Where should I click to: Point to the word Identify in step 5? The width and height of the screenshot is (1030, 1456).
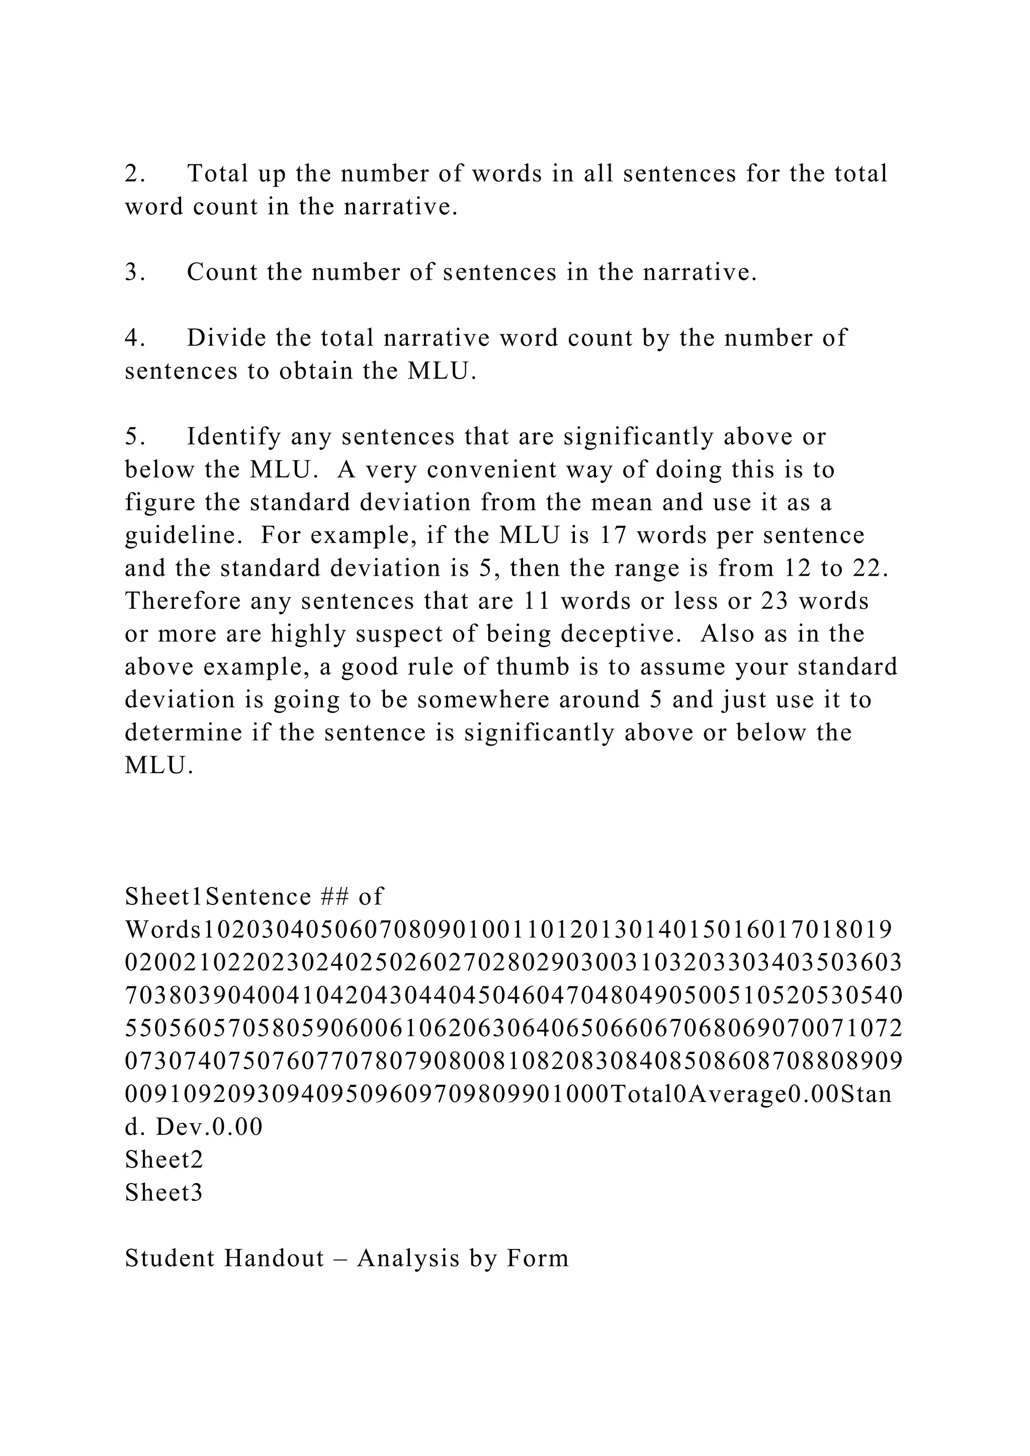pos(234,437)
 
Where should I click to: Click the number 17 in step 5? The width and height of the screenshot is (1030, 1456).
pos(613,535)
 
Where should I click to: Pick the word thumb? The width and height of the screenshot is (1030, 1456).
pos(528,667)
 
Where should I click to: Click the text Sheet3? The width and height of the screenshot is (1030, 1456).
pos(163,1194)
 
